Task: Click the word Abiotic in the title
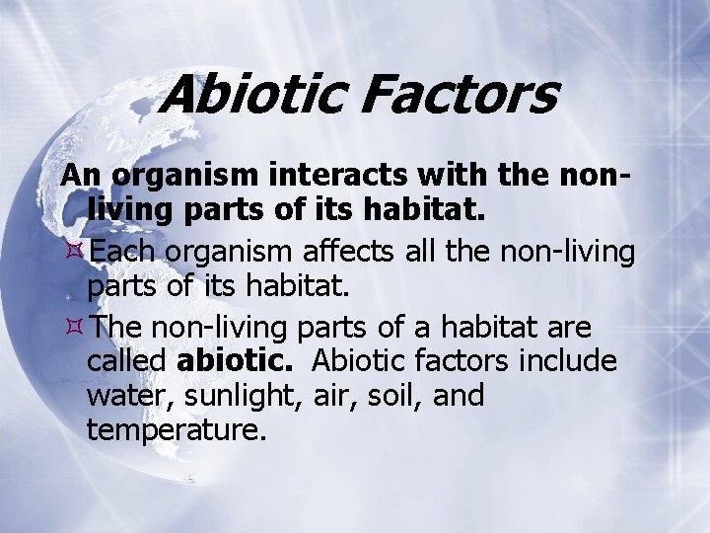coord(251,96)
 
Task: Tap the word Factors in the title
coord(460,96)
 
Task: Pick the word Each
coord(123,252)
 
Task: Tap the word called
coord(126,361)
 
